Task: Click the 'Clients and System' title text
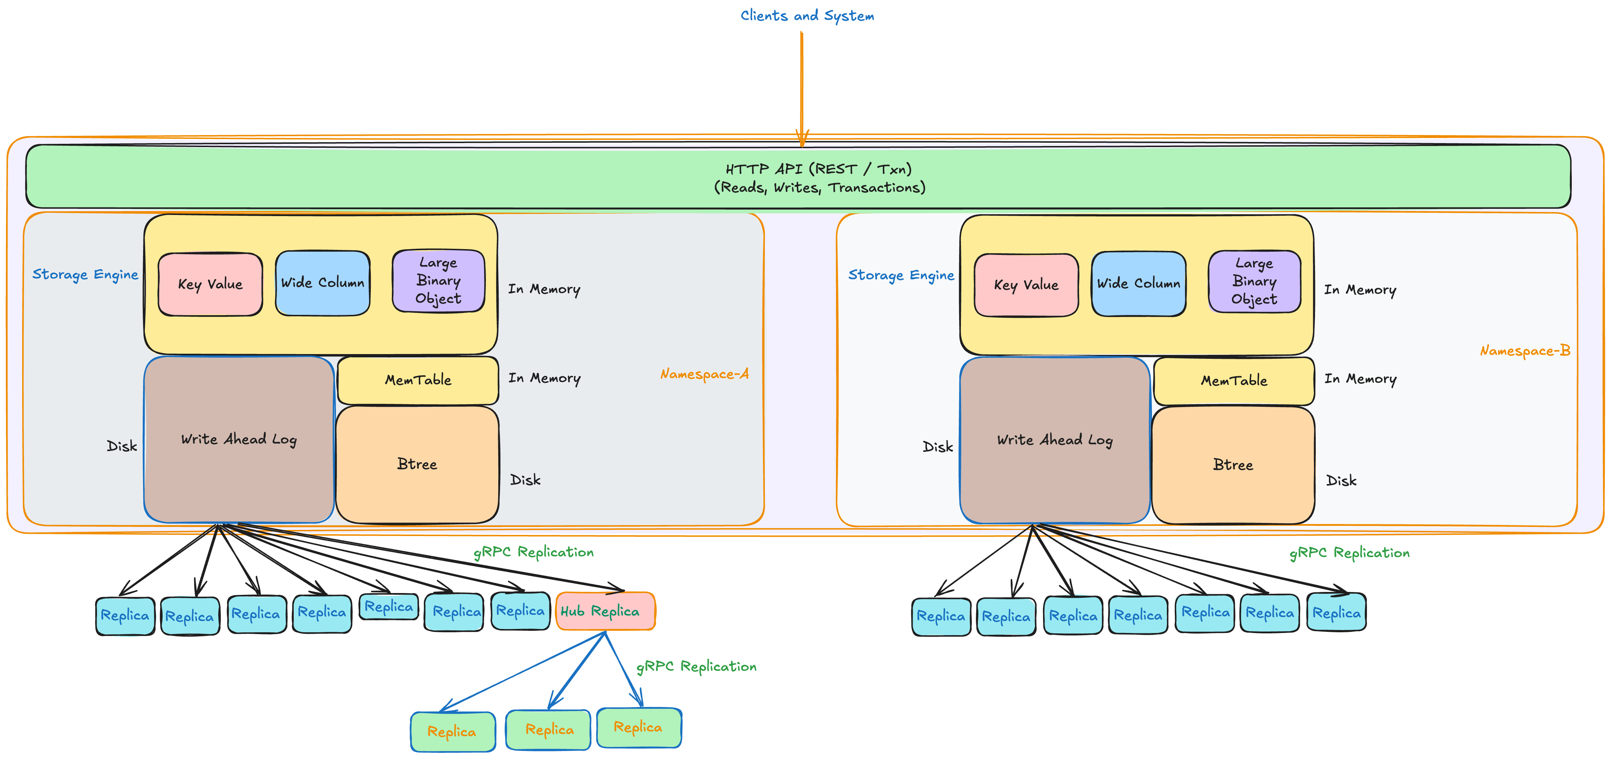point(807,16)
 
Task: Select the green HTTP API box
point(798,177)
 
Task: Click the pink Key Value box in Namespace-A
point(210,284)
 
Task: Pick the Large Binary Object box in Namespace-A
point(438,281)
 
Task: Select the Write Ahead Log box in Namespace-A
point(239,439)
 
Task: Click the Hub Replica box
point(605,611)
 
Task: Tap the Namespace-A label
point(704,374)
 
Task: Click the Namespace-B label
point(1525,351)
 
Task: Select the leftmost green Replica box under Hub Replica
point(452,731)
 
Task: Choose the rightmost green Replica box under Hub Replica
point(638,727)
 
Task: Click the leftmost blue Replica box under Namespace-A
point(125,616)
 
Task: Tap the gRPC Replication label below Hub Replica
point(696,666)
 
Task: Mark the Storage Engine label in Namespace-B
point(901,275)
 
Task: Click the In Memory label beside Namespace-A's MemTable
point(544,378)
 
